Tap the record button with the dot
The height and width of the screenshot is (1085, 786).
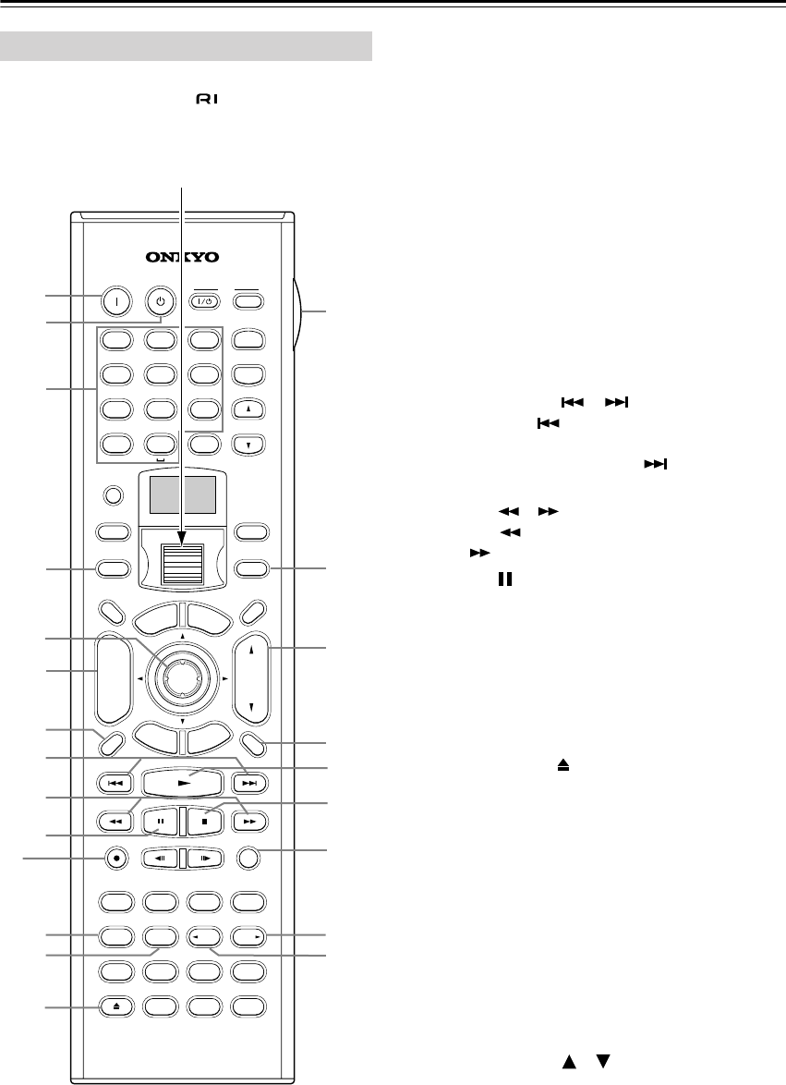115,857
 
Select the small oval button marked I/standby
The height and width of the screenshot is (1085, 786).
205,301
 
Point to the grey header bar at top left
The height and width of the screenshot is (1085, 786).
186,44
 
